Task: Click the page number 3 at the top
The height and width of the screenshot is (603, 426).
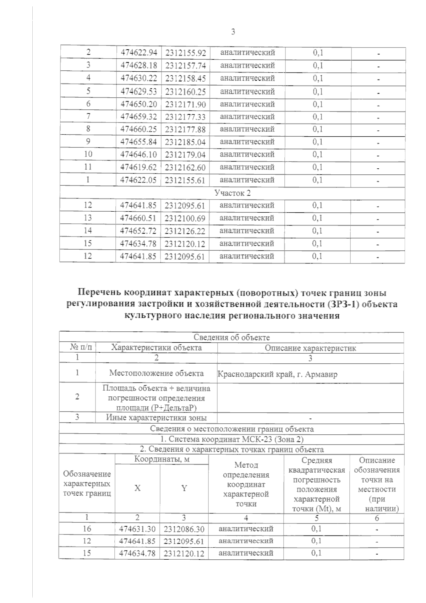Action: (x=233, y=32)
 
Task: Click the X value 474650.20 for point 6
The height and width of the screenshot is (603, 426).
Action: (x=139, y=104)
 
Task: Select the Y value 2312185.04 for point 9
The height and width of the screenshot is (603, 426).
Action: (x=185, y=142)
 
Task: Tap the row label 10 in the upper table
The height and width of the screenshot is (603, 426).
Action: (x=88, y=154)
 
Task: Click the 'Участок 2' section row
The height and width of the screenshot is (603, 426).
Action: (x=232, y=193)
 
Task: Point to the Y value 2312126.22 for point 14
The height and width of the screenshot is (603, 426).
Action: (x=185, y=231)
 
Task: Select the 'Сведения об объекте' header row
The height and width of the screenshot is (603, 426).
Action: (x=231, y=337)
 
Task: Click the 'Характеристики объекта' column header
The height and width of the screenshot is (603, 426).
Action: (x=156, y=348)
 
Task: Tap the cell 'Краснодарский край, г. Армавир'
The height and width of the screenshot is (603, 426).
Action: (x=277, y=374)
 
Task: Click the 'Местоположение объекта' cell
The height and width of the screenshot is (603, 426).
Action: (x=156, y=373)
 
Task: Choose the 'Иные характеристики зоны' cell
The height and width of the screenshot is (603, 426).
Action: (x=156, y=418)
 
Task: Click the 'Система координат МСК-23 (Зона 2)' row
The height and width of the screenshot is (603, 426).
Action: (x=231, y=439)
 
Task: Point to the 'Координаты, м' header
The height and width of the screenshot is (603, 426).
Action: (x=162, y=459)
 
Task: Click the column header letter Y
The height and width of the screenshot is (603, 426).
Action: (x=184, y=488)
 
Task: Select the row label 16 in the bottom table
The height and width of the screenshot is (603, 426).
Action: (x=87, y=528)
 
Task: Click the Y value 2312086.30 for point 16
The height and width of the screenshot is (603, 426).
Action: (x=184, y=529)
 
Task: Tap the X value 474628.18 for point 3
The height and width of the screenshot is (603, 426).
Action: (x=139, y=65)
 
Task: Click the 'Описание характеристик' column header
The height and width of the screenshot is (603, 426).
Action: (x=310, y=348)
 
